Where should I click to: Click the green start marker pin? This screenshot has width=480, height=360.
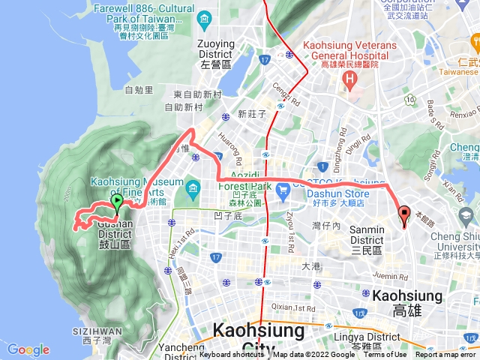click(x=116, y=202)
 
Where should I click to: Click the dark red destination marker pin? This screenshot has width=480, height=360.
click(x=405, y=214)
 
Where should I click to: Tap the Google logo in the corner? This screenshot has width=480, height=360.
click(x=28, y=349)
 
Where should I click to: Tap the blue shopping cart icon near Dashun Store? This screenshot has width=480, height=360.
click(x=283, y=192)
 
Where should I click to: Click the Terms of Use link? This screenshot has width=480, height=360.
click(x=385, y=355)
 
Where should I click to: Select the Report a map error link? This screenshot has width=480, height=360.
click(x=447, y=355)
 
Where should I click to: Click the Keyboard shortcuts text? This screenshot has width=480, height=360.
click(x=232, y=355)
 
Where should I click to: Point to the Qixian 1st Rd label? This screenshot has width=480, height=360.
click(x=294, y=307)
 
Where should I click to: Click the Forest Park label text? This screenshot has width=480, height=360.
click(x=238, y=190)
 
